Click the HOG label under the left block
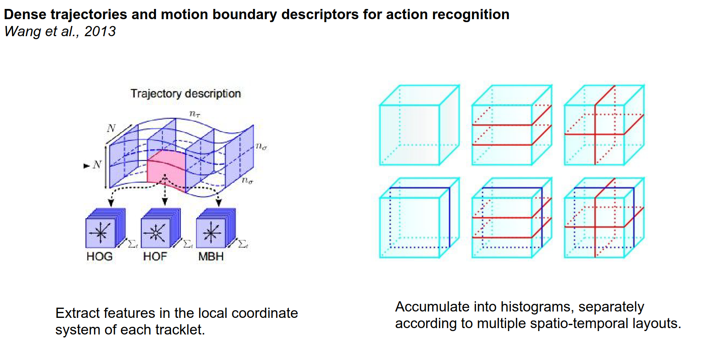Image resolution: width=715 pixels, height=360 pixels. (x=100, y=256)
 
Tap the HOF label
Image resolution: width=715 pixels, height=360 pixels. (x=155, y=256)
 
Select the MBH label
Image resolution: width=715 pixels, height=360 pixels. (x=211, y=256)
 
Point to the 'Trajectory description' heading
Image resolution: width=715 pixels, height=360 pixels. (x=185, y=94)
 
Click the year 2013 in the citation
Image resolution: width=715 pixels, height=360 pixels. (x=100, y=31)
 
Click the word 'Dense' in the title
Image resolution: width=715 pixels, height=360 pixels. (x=25, y=14)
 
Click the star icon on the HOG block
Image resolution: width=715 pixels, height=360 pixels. (x=100, y=233)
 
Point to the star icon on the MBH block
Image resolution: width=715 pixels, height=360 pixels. (x=211, y=233)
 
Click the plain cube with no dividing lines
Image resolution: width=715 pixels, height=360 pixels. (x=419, y=125)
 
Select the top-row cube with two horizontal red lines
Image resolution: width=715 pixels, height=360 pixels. (x=512, y=125)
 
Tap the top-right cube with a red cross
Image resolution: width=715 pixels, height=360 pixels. (x=604, y=125)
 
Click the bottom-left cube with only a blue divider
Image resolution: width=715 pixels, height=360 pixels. (x=419, y=218)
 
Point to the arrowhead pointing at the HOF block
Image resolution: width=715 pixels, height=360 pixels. (x=165, y=202)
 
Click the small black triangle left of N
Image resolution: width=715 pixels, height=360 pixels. (x=86, y=166)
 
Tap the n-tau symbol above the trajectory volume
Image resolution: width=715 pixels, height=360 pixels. (x=195, y=114)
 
